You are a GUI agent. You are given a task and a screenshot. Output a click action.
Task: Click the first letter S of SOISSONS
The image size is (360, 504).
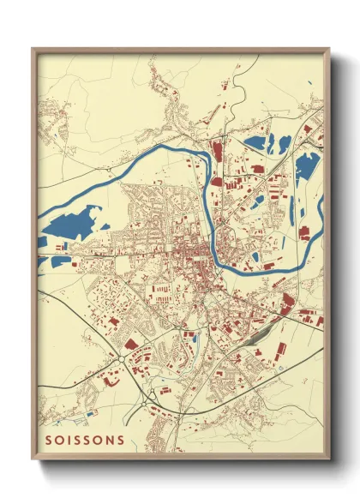[49, 441]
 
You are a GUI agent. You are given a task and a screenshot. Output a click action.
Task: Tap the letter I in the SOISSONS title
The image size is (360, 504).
[72, 441]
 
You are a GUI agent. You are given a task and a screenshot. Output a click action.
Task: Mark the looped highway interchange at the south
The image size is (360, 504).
[153, 393]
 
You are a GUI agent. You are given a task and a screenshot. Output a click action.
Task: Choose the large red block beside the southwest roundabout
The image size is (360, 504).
[130, 344]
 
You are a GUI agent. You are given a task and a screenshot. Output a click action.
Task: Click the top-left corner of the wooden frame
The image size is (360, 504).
[33, 49]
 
